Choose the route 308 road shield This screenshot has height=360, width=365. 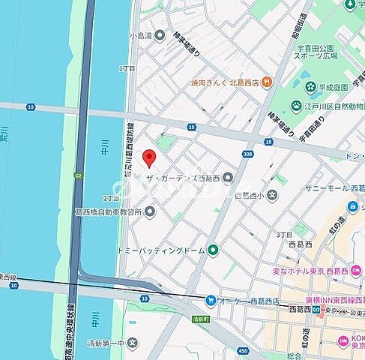(248, 153)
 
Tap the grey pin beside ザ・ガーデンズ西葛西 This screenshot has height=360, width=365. (228, 177)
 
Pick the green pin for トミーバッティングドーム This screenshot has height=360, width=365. (213, 250)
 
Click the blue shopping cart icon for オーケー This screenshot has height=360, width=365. (211, 301)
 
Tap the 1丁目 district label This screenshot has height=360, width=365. (127, 68)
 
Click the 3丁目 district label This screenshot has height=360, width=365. (284, 235)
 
